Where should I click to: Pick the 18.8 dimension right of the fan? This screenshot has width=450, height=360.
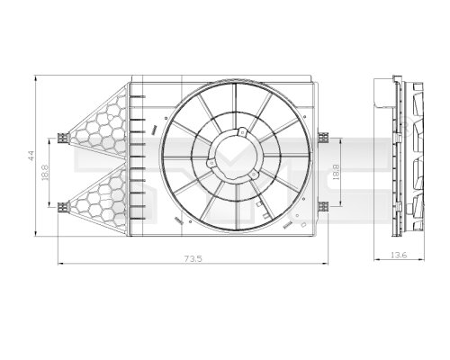(336, 171)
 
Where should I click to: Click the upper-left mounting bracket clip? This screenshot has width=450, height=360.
(62, 138)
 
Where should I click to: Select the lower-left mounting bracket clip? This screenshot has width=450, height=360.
(62, 206)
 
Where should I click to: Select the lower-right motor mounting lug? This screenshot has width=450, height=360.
(253, 176)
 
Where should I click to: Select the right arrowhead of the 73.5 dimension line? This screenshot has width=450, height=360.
(327, 264)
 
